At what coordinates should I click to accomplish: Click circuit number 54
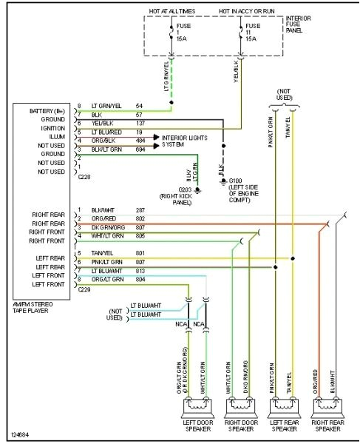point(139,107)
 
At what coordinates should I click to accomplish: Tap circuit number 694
point(140,149)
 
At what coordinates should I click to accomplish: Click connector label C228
point(87,178)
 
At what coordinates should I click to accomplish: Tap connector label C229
point(87,291)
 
